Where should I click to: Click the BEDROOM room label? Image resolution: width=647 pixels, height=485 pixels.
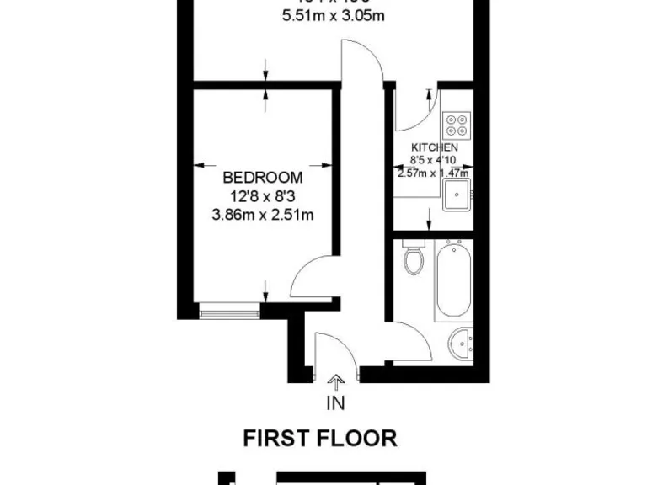[x=263, y=178]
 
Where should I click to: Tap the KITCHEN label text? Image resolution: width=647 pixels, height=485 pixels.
[x=435, y=147]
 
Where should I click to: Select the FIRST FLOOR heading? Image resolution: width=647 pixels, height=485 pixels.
[x=320, y=438]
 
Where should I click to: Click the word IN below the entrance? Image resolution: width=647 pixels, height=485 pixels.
[x=335, y=402]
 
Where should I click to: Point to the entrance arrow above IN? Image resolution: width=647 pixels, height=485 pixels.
[x=335, y=384]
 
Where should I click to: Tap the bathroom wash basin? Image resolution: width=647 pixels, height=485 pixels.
[x=460, y=343]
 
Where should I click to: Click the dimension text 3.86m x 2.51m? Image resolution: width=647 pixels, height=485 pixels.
[x=263, y=215]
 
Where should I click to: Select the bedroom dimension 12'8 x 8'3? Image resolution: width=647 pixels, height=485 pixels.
[x=263, y=196]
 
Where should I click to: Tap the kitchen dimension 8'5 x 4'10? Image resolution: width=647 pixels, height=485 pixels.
[x=434, y=159]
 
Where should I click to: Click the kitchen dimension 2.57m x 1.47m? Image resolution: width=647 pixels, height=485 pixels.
[x=433, y=173]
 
